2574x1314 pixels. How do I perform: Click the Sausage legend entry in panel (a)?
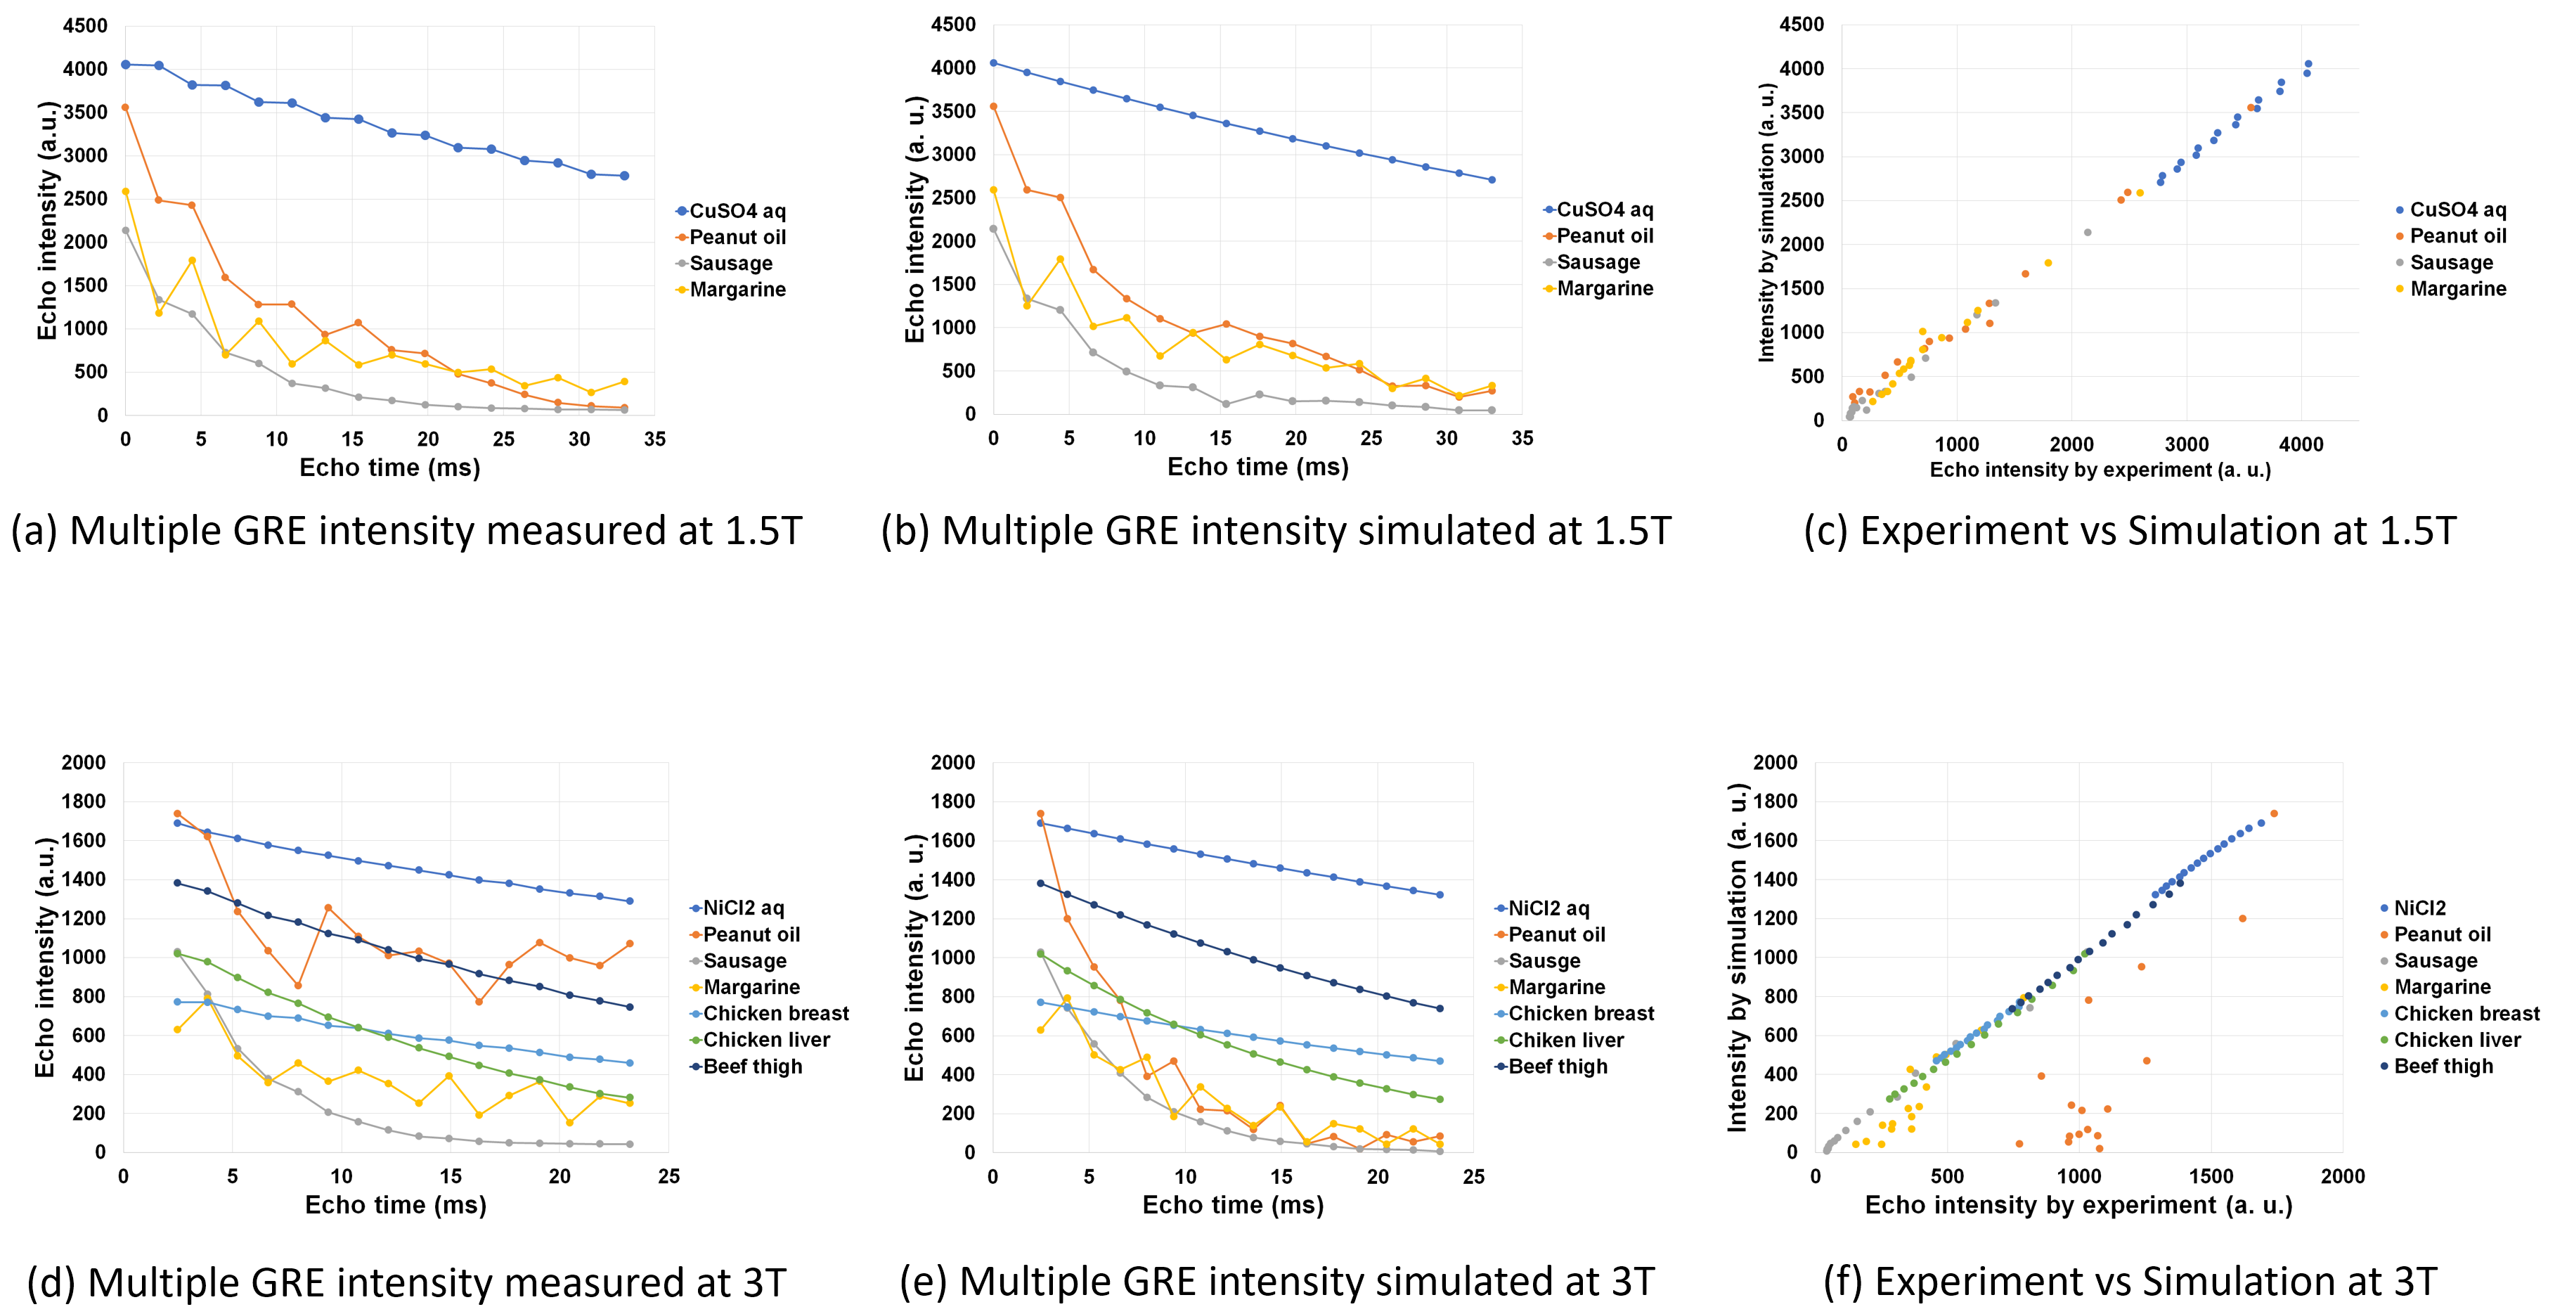click(x=730, y=264)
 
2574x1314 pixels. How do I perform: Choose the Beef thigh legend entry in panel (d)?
click(x=752, y=1067)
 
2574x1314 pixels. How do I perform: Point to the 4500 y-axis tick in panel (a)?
click(x=85, y=26)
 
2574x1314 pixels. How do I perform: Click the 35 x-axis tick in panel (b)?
click(x=1522, y=439)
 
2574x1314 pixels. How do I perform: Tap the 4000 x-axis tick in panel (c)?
click(x=2300, y=444)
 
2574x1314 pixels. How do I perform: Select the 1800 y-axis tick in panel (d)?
click(x=83, y=801)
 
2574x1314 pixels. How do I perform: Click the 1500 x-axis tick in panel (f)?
click(x=2211, y=1176)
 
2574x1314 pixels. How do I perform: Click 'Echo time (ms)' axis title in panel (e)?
click(x=1232, y=1205)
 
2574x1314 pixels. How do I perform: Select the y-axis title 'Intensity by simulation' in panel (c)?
click(x=1766, y=222)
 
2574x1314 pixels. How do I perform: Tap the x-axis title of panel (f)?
click(x=2078, y=1205)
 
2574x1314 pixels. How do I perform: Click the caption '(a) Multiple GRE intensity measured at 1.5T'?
click(x=406, y=531)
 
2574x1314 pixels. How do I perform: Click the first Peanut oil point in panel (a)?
click(x=125, y=108)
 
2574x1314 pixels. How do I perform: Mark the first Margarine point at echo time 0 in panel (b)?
click(x=993, y=190)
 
